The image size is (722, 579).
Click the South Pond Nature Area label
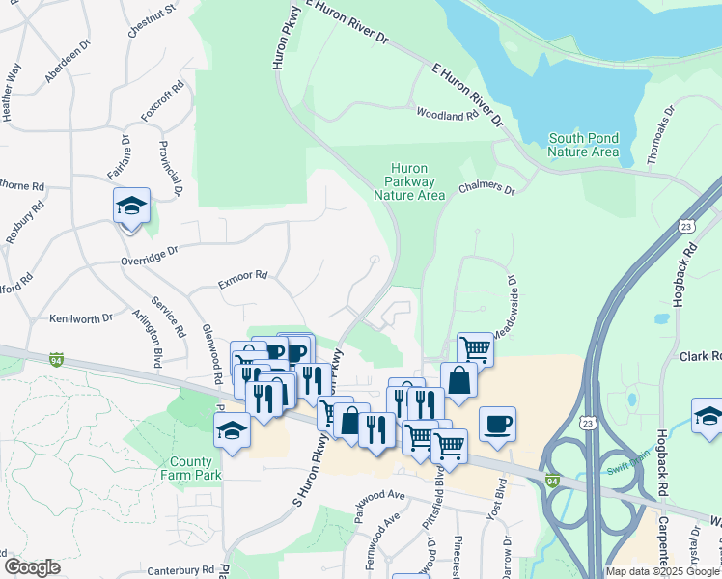(x=583, y=145)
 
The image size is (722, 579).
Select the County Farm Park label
(x=196, y=468)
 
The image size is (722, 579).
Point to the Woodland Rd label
(x=447, y=115)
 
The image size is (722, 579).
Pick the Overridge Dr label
(x=150, y=255)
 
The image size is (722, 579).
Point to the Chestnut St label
(x=153, y=20)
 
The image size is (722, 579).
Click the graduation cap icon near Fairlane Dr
(x=132, y=207)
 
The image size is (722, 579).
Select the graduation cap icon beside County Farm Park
(x=232, y=430)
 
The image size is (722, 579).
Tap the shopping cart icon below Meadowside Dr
(x=475, y=348)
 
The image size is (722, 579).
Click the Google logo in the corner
(x=32, y=567)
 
